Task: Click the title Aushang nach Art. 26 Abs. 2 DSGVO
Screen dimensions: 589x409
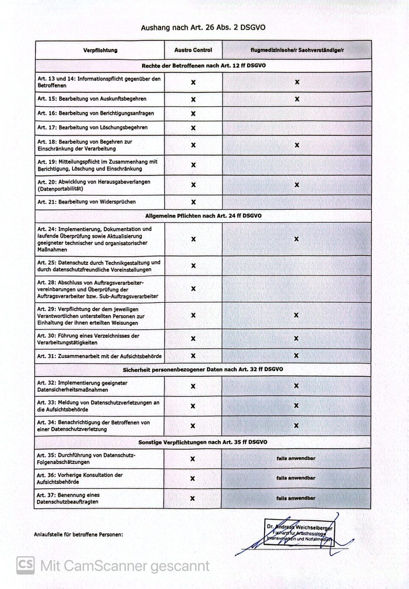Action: pos(203,28)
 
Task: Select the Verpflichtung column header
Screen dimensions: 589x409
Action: pos(100,50)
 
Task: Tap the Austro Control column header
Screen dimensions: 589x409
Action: pos(193,50)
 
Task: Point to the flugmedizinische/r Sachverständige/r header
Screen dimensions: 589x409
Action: pos(297,50)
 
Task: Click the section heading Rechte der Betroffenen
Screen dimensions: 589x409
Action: pos(203,66)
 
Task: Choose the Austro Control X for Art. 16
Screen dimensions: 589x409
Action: pos(193,114)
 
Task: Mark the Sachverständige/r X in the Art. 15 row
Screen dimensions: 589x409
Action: pos(297,99)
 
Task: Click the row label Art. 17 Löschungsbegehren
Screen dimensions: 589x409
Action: pos(93,128)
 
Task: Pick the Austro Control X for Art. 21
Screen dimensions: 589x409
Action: pos(193,202)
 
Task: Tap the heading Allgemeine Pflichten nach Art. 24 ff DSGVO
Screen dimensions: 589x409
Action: pos(203,216)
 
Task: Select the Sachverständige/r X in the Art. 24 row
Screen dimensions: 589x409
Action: pos(296,239)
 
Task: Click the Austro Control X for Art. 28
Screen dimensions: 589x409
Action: pos(193,289)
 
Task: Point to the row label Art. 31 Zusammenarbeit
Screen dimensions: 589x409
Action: pos(99,356)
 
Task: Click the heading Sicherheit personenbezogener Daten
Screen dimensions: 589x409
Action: pos(203,370)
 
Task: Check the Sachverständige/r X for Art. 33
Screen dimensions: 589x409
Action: pos(296,406)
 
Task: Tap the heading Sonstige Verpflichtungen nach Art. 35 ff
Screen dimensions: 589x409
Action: pos(203,442)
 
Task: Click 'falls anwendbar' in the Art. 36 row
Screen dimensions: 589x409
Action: pos(296,478)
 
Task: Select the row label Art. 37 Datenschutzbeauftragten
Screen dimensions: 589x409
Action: pos(68,499)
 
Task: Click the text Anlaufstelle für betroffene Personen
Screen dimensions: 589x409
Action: pos(78,535)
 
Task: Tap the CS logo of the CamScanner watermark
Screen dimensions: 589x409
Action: pos(25,565)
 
